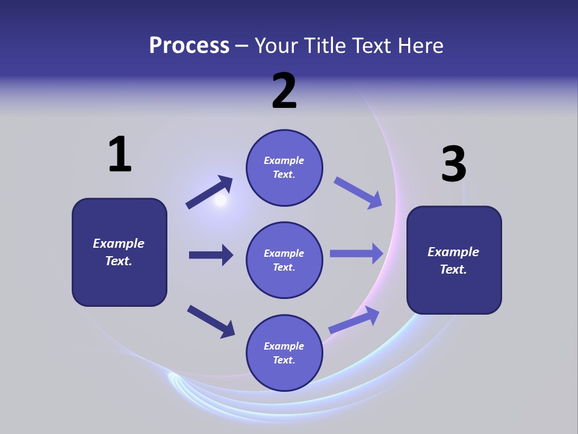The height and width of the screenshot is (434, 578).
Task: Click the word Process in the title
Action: coord(189,46)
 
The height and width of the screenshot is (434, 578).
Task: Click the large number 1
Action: coord(120,154)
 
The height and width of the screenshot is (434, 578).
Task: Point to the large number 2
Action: coord(284,91)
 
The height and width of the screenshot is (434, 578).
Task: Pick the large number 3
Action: coord(453,165)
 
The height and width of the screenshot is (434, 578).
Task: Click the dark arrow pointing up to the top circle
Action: coord(209,192)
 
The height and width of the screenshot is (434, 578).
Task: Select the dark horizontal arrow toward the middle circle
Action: coord(211,255)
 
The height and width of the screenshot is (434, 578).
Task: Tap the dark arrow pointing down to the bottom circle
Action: coord(211,321)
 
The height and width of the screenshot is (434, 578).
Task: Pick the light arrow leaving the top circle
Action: coord(358,193)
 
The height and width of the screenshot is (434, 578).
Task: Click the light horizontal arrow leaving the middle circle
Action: coord(356,254)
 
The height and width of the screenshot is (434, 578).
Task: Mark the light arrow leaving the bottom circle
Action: coord(354,320)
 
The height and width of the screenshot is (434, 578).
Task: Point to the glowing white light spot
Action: coord(220,201)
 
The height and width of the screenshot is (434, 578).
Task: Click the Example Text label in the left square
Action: coord(119,252)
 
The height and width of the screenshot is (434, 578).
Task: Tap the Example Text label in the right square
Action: coord(453,260)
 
